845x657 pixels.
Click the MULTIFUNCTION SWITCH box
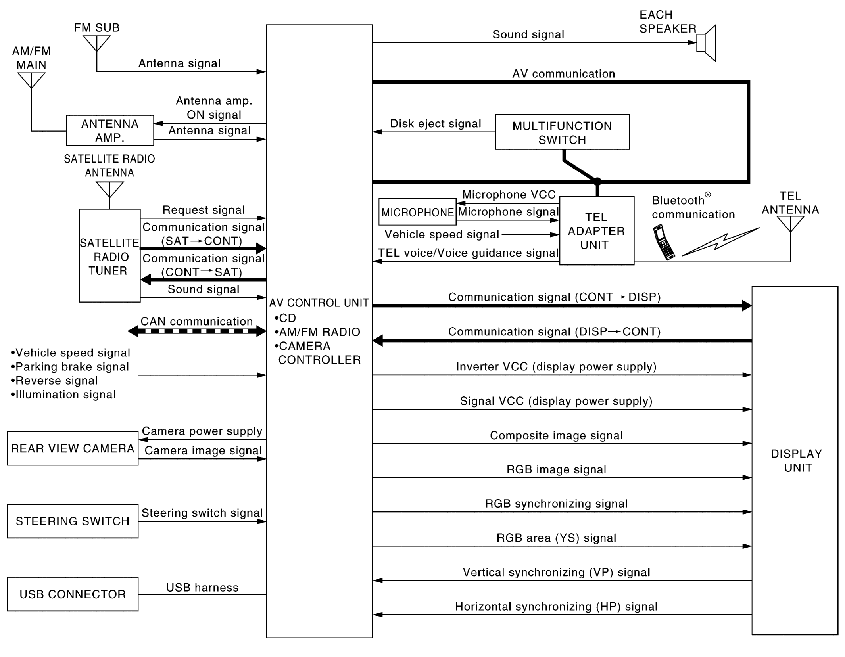pyautogui.click(x=562, y=132)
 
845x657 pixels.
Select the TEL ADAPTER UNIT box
pyautogui.click(x=596, y=230)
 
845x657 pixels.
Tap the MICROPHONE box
pyautogui.click(x=417, y=212)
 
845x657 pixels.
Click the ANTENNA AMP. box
pyautogui.click(x=109, y=130)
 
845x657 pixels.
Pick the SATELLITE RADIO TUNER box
pyautogui.click(x=109, y=256)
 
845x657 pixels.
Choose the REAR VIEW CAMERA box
pyautogui.click(x=73, y=448)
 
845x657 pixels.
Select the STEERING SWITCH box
pyautogui.click(x=73, y=521)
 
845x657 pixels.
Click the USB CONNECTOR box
pyautogui.click(x=73, y=594)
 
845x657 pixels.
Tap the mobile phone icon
pyautogui.click(x=663, y=241)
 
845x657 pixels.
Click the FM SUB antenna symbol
pyautogui.click(x=96, y=43)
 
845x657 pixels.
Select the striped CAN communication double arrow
pyautogui.click(x=197, y=331)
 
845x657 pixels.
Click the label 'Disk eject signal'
pyautogui.click(x=435, y=124)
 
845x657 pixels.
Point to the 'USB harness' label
pyautogui.click(x=202, y=588)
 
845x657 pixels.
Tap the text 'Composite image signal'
pyautogui.click(x=556, y=435)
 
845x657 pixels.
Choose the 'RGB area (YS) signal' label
pyautogui.click(x=556, y=538)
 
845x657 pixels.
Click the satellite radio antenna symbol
pyautogui.click(x=109, y=189)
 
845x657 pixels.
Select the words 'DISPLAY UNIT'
pyautogui.click(x=796, y=460)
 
